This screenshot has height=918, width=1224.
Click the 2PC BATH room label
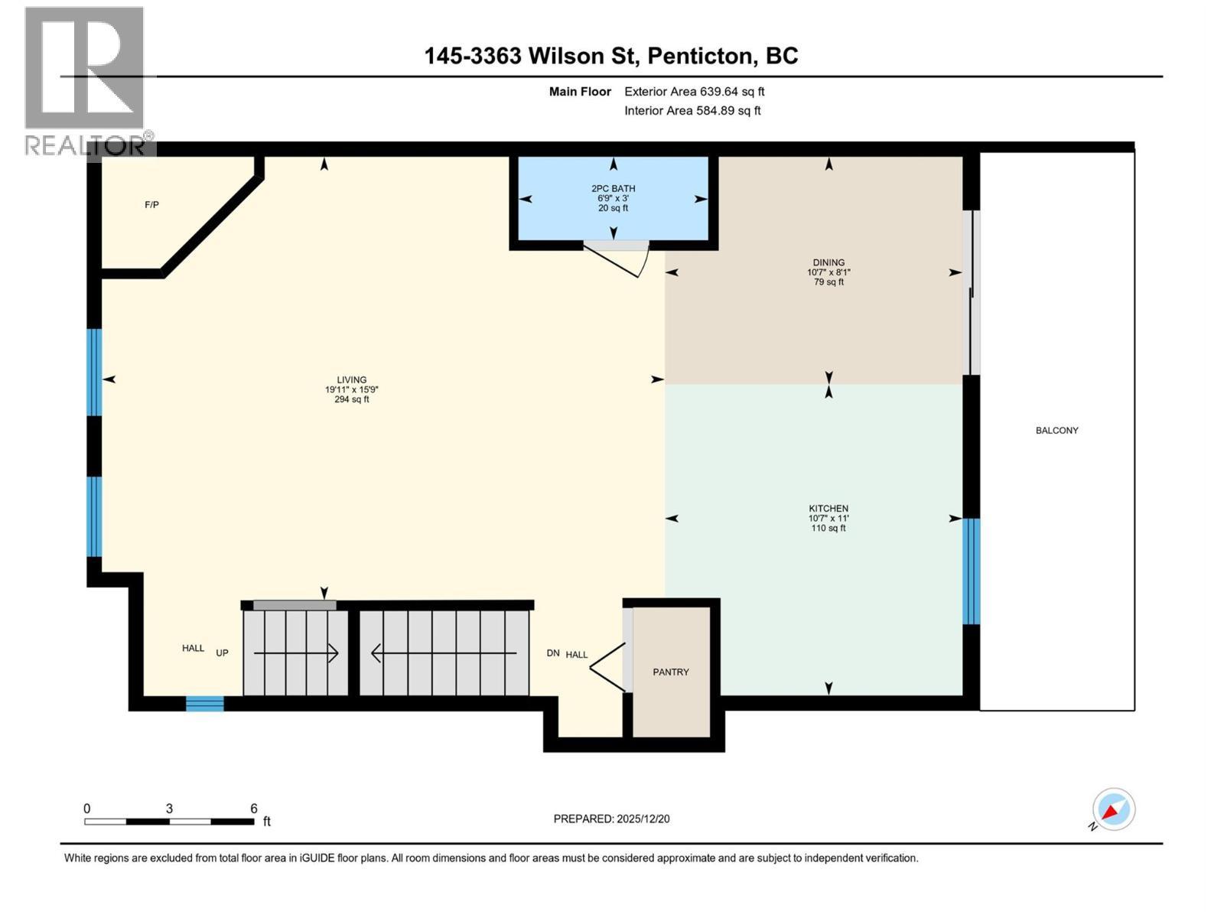point(613,188)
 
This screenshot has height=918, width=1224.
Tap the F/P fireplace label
point(151,205)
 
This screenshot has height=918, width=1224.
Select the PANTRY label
point(670,672)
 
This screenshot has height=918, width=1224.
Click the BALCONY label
point(1056,431)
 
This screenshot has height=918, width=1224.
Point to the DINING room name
point(828,262)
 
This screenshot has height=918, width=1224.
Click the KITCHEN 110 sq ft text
point(828,528)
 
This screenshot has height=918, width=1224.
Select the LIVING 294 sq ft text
point(351,399)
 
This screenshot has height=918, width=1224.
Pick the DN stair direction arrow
point(444,653)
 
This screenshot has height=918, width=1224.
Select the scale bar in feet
point(169,822)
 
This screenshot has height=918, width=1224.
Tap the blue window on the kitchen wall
point(970,571)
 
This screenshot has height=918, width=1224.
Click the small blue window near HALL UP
point(205,704)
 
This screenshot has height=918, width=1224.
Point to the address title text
point(611,56)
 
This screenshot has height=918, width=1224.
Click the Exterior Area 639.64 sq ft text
point(694,92)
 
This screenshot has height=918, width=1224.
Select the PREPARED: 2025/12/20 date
point(611,819)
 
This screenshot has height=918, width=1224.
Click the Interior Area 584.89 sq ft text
point(692,110)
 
